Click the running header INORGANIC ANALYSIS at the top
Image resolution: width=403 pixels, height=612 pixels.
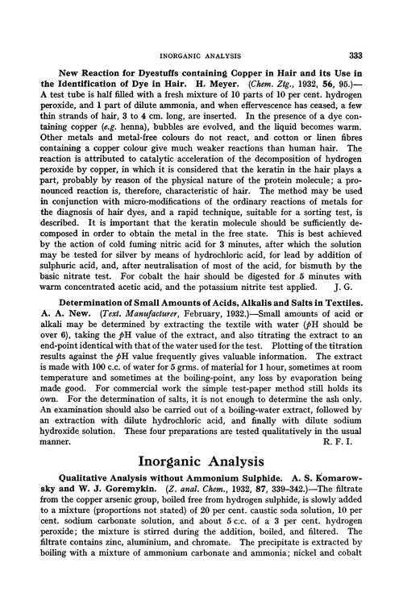(201, 33)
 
